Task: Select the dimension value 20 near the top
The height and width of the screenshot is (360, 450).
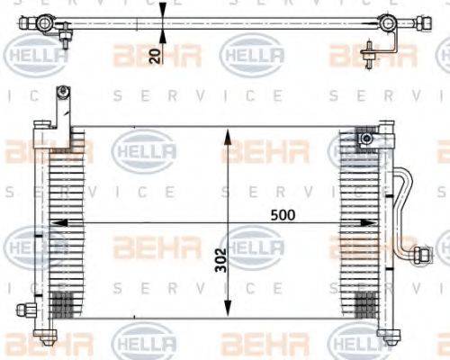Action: click(x=155, y=57)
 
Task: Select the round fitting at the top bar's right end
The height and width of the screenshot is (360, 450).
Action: click(x=388, y=23)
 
